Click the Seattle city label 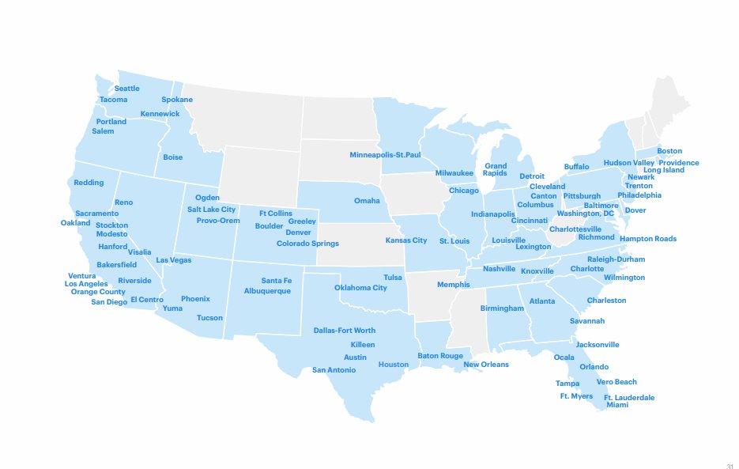126,89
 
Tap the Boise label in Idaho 172,157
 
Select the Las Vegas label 173,260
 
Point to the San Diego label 109,302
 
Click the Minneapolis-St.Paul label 385,155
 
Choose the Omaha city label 367,201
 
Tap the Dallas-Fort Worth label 345,331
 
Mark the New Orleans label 486,365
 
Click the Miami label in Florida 617,405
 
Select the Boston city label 669,151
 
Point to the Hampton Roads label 647,239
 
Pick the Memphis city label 453,285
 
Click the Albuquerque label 267,291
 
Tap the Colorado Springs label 307,244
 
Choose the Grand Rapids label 496,170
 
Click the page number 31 729,465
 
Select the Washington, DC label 585,214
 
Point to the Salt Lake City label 211,210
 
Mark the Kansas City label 406,240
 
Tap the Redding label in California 89,183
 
